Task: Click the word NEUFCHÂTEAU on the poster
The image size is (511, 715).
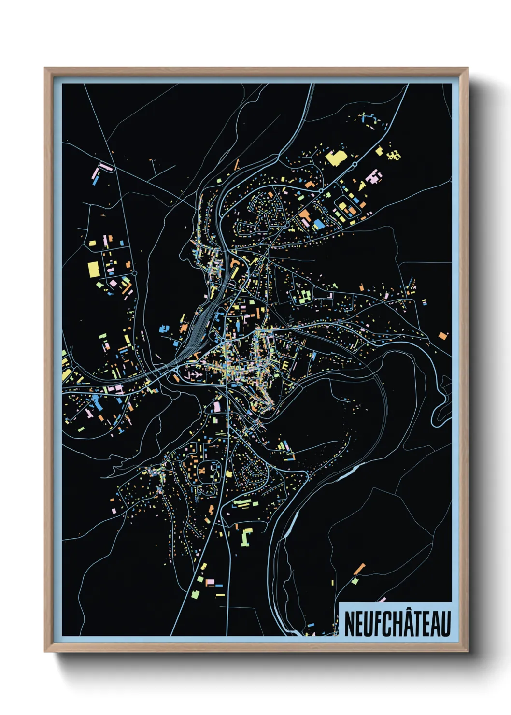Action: pos(397,624)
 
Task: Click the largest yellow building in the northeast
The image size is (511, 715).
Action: pos(335,157)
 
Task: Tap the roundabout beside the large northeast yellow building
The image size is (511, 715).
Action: pos(355,165)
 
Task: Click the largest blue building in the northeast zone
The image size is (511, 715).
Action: pos(319,224)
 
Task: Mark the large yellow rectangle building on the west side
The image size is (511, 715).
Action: pos(93,269)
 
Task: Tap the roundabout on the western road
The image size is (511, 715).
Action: pos(134,273)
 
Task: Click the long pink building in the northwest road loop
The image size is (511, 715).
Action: pos(106,167)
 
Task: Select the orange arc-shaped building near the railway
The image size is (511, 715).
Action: pos(234,261)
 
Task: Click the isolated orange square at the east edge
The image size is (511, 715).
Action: pos(443,335)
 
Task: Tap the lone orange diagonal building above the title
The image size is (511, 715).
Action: pos(359,569)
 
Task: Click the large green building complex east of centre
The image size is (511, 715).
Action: pos(302,297)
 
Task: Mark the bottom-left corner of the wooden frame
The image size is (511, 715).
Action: pos(45,651)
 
